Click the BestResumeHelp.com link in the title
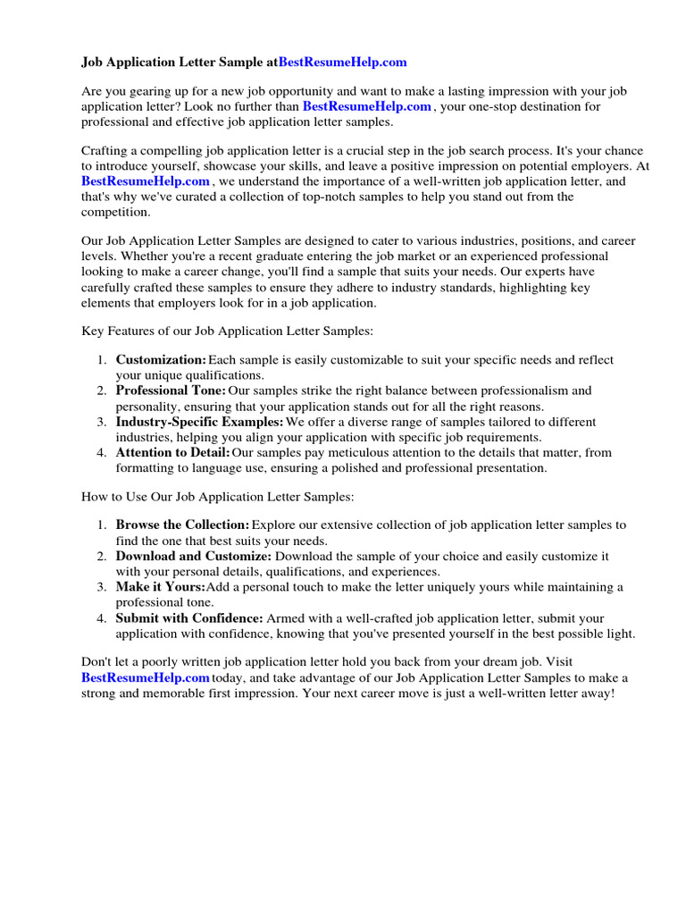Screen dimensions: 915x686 (x=343, y=63)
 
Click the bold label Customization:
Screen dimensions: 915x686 (x=161, y=360)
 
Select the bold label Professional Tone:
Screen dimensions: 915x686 (x=171, y=391)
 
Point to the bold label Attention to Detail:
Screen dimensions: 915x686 (x=172, y=453)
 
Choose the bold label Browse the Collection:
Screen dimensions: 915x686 (x=182, y=525)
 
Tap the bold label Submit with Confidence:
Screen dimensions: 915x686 (x=189, y=618)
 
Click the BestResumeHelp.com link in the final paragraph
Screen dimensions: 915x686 (x=146, y=678)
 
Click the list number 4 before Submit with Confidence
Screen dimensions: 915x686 (x=103, y=618)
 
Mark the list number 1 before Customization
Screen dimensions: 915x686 (x=103, y=360)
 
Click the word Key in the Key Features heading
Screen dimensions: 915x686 (x=93, y=331)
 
